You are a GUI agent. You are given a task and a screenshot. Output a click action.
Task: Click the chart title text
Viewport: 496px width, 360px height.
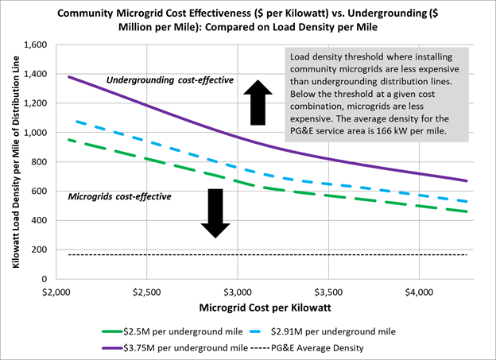[248, 20]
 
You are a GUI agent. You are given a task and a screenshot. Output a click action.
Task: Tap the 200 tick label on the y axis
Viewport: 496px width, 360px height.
[37, 250]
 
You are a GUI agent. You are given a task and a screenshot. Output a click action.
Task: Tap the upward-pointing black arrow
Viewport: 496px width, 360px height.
[257, 102]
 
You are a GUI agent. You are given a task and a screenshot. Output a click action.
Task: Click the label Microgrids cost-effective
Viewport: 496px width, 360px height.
[119, 196]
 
